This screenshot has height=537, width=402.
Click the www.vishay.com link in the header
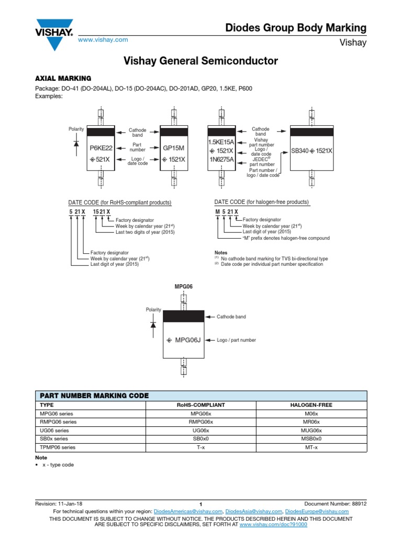(103, 40)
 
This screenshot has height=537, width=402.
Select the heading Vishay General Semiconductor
(200, 61)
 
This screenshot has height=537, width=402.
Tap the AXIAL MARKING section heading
(63, 78)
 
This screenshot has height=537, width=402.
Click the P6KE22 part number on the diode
(101, 148)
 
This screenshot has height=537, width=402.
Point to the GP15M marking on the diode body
(174, 148)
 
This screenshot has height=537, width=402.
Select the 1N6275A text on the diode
(221, 159)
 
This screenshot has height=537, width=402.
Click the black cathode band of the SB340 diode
(311, 132)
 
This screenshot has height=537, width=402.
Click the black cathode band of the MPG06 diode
(184, 316)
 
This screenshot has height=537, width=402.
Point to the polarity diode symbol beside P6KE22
(76, 142)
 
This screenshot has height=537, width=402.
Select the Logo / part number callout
(237, 340)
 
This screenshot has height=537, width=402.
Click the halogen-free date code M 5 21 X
(227, 211)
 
